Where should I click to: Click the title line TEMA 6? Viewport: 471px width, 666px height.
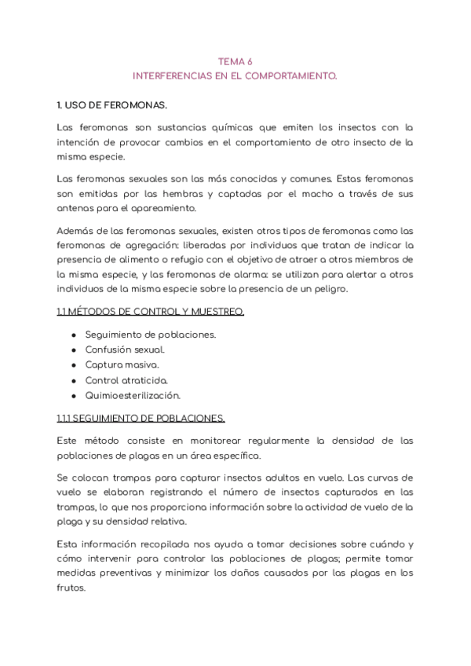click(x=235, y=61)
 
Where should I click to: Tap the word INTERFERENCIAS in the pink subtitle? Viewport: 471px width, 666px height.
click(x=175, y=76)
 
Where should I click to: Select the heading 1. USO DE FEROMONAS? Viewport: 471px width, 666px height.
click(x=112, y=104)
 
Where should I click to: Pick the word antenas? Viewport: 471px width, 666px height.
click(x=75, y=208)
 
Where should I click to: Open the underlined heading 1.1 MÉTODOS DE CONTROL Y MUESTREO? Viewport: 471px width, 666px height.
click(x=150, y=312)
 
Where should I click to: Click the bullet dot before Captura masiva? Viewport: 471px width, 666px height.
click(x=73, y=365)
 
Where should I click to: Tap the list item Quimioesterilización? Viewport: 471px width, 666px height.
click(x=133, y=396)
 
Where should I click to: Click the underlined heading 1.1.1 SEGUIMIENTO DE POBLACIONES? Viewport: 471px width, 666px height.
click(x=141, y=418)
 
